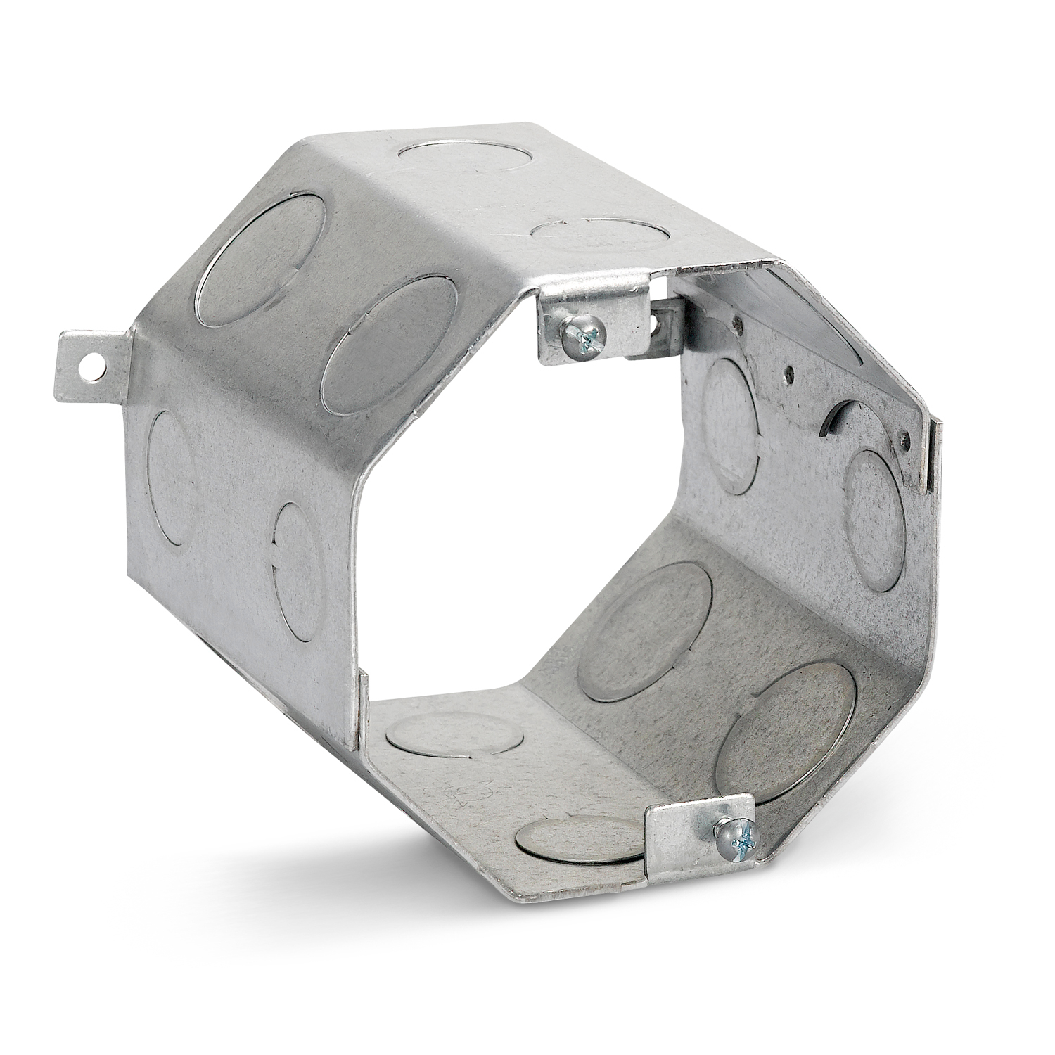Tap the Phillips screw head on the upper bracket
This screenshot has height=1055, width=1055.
tap(583, 335)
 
